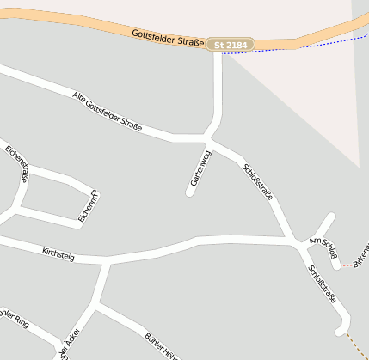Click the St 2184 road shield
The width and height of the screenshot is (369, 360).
(x=231, y=44)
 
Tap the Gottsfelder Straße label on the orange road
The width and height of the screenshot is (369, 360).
(x=169, y=38)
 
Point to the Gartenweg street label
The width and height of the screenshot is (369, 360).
(x=200, y=168)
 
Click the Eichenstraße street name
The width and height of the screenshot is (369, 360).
(x=17, y=164)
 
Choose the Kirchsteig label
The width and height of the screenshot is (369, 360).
(x=58, y=253)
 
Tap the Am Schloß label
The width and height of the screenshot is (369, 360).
(x=323, y=247)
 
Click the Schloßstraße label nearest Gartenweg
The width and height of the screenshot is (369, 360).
(x=258, y=181)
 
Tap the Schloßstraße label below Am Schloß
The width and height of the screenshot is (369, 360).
(x=322, y=284)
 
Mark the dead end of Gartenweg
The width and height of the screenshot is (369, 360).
(x=189, y=192)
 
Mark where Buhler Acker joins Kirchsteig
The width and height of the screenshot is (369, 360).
(x=107, y=261)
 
